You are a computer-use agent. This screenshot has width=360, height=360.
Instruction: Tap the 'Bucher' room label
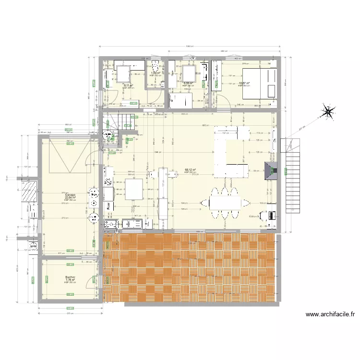[x=71, y=277]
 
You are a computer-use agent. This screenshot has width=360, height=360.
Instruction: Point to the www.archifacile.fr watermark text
[x=330, y=315]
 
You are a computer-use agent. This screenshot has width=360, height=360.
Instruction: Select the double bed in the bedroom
[x=260, y=83]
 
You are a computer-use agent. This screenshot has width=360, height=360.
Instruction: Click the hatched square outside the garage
[x=30, y=192]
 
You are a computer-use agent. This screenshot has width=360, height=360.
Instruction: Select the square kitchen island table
[x=134, y=189]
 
